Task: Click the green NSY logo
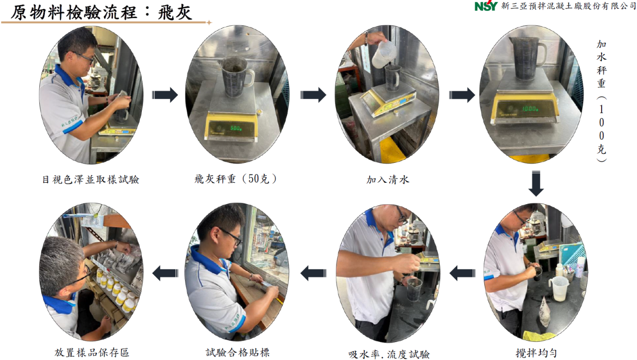pos(486,5)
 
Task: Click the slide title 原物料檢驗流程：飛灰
pos(101,13)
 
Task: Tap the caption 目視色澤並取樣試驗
pos(91,180)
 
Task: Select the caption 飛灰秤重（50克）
pos(236,179)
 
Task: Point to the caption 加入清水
pos(388,180)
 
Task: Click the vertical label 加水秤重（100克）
pos(601,101)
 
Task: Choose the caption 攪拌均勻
pos(536,353)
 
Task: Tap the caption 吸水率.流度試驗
pos(389,355)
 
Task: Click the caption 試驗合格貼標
pos(237,353)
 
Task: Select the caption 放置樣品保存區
pos(92,353)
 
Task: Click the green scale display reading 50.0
pos(236,128)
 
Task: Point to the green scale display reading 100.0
pos(530,109)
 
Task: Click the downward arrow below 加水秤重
pos(536,184)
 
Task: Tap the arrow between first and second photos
pos(165,95)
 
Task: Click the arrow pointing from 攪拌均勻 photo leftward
pos(462,273)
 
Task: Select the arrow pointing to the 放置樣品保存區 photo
pos(166,273)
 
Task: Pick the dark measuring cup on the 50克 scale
pos(236,76)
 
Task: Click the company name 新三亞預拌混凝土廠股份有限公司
pos(568,5)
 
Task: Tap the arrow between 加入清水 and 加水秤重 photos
pos(462,95)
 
